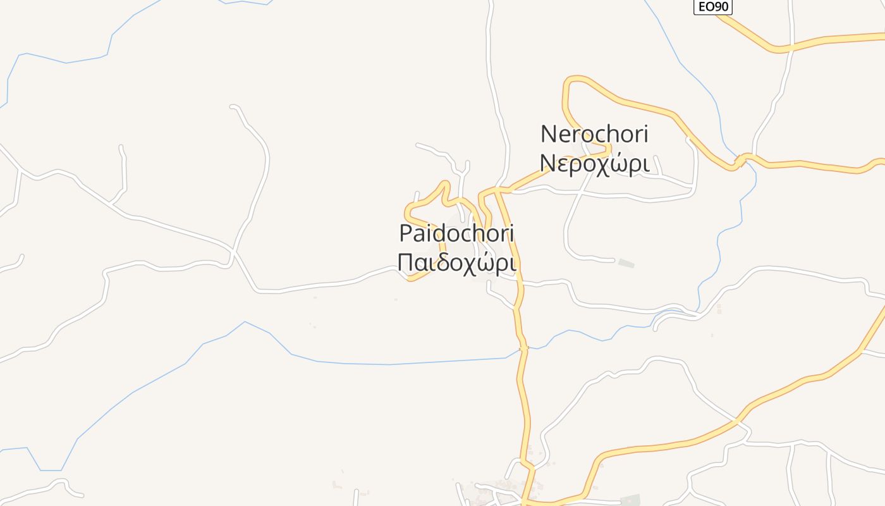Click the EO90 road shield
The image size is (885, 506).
tap(712, 7)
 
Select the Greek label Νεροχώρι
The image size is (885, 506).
tap(594, 163)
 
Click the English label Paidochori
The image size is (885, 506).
tap(456, 233)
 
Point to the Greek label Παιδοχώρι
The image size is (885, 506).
tap(456, 262)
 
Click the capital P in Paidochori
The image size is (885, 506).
tap(405, 233)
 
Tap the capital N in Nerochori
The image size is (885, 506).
tap(547, 134)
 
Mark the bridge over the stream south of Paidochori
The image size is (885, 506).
tap(523, 348)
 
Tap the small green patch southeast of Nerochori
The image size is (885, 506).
tap(626, 263)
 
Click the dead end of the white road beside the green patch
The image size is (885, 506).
tap(613, 260)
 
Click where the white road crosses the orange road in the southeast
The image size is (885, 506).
tap(737, 419)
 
